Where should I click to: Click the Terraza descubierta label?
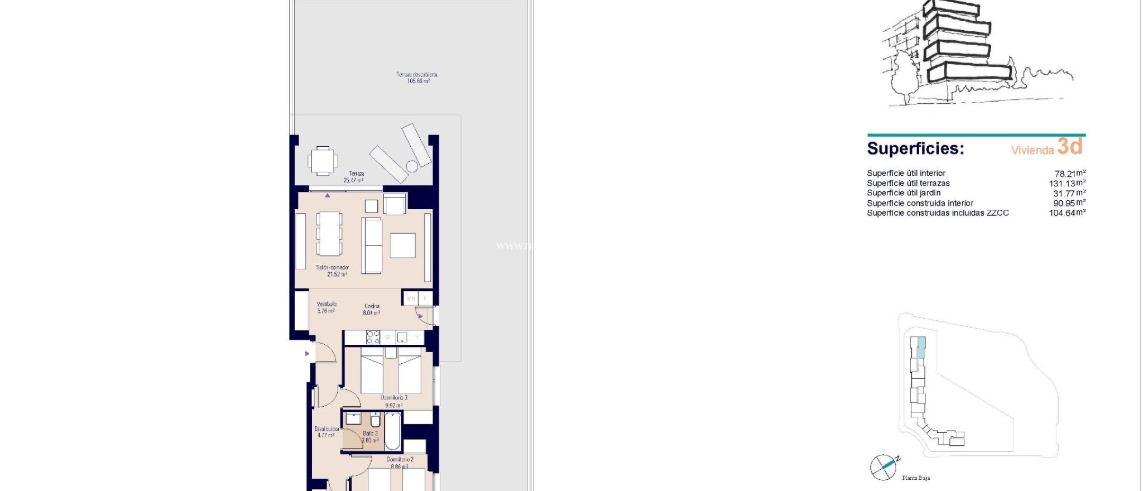point(416,78)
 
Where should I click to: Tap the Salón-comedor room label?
point(333,271)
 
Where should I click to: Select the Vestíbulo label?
point(326,307)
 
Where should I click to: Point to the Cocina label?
point(372,310)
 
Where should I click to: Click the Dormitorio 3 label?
point(393,401)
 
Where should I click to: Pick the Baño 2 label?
point(370,436)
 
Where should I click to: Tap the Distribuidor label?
point(326,432)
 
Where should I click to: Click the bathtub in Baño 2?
point(392,431)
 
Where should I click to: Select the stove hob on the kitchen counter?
point(373,337)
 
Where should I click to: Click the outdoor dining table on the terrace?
point(323,161)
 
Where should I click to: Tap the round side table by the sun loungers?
point(412,166)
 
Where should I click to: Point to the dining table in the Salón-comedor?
point(329,233)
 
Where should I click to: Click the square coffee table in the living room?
point(402,245)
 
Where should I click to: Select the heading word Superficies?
point(915,148)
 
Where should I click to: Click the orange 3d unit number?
point(1070,146)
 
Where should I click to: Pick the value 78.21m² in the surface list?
point(1069,174)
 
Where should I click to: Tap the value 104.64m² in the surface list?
point(1067,213)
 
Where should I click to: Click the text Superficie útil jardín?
point(904,193)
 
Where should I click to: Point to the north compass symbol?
point(883,467)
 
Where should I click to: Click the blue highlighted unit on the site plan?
point(921,347)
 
